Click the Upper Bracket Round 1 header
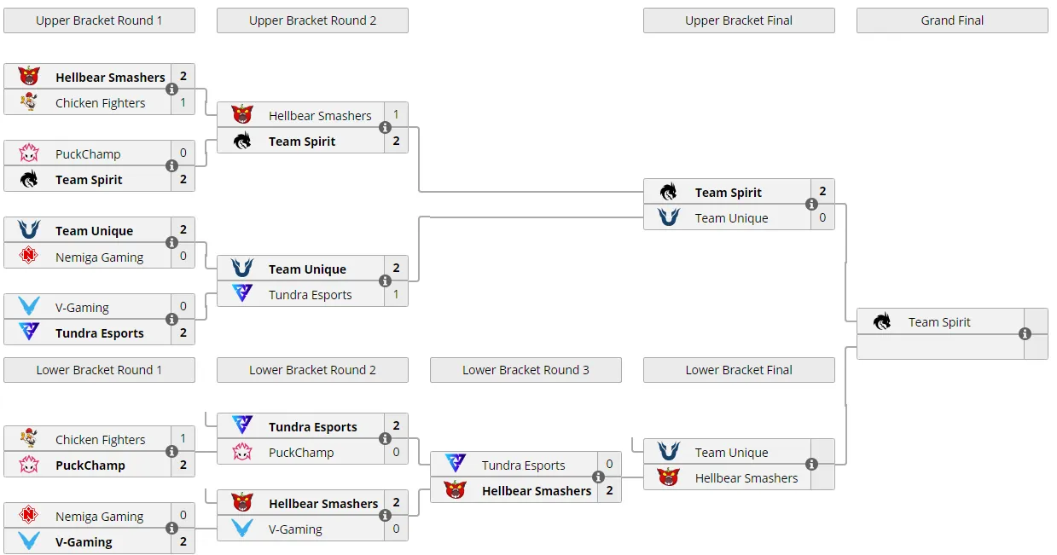coord(99,20)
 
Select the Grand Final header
coord(952,20)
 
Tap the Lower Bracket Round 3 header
coord(526,370)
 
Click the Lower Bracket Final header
coord(739,370)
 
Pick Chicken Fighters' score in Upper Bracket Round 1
coord(183,102)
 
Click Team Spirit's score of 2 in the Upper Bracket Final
coord(822,191)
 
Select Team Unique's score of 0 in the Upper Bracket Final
coord(822,217)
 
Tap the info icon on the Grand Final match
coord(1025,334)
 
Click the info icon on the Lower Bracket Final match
coord(811,465)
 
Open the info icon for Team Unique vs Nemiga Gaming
coord(171,242)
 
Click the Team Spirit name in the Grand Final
coord(939,322)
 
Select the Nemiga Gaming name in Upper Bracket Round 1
coord(99,257)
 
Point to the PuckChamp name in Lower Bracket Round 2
coord(301,452)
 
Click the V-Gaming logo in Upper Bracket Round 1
coord(29,305)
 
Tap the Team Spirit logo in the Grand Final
coord(881,321)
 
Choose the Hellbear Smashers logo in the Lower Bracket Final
coord(668,477)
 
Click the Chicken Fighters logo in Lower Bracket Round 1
coord(29,438)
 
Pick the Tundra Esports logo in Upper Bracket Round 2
coord(242,292)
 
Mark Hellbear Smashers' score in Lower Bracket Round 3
coord(609,490)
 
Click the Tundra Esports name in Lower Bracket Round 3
coord(523,465)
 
